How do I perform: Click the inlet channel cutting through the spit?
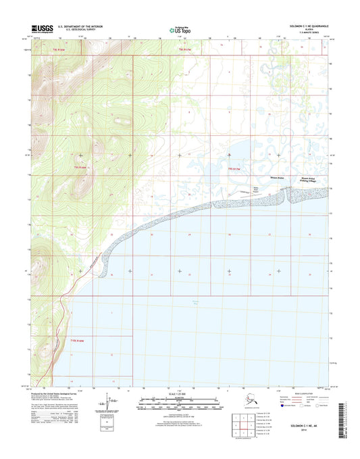point(286,195)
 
